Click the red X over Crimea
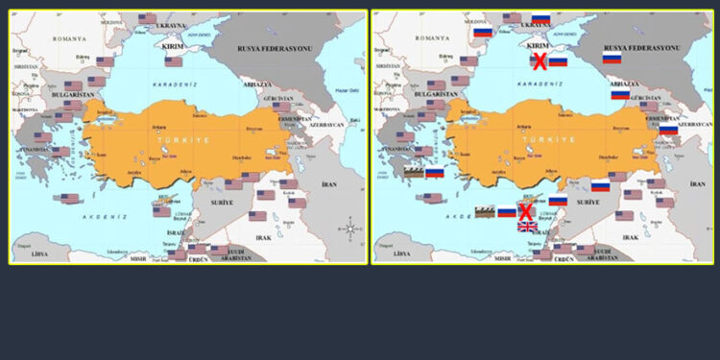pos(540,61)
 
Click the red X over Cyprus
pos(526,211)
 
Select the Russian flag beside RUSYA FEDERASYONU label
pos(612,59)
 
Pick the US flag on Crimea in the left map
pos(174,61)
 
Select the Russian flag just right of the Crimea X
pos(558,61)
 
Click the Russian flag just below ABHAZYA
pos(620,94)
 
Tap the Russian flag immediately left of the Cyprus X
pos(507,211)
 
